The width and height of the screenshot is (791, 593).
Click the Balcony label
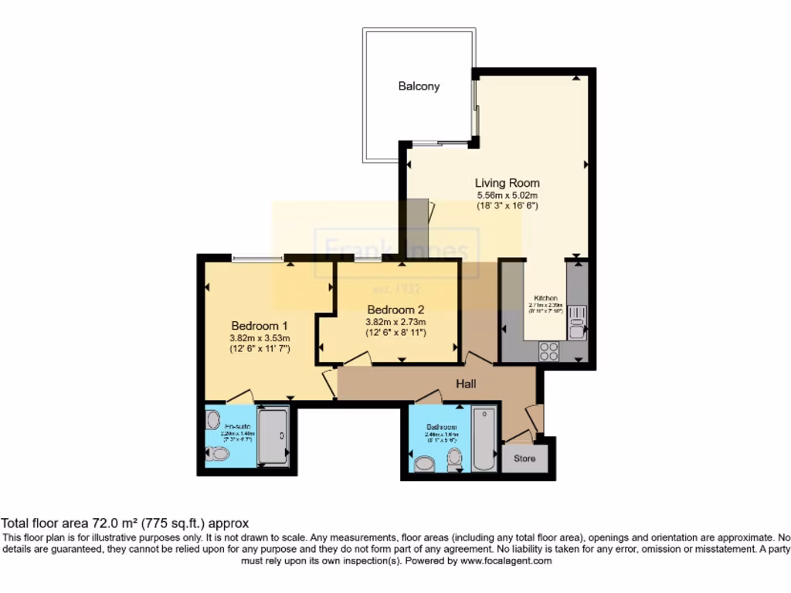point(419,86)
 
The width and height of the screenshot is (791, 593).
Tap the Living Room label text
point(506,183)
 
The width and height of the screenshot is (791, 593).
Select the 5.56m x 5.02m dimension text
point(506,195)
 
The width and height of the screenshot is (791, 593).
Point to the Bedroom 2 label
point(395,310)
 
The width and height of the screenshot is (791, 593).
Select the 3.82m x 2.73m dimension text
point(395,322)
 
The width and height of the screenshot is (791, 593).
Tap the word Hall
point(465,383)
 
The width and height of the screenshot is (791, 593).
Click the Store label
point(525,459)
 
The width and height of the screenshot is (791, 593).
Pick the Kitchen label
point(546,297)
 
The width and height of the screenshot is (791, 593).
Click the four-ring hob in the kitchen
point(548,351)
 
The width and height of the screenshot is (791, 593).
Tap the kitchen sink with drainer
point(576,322)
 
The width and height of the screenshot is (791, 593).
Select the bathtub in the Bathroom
point(484,439)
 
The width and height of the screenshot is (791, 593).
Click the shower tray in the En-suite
point(272,436)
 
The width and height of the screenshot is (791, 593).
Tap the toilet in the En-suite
point(217,455)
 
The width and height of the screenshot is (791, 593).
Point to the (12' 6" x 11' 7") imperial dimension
point(260,349)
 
